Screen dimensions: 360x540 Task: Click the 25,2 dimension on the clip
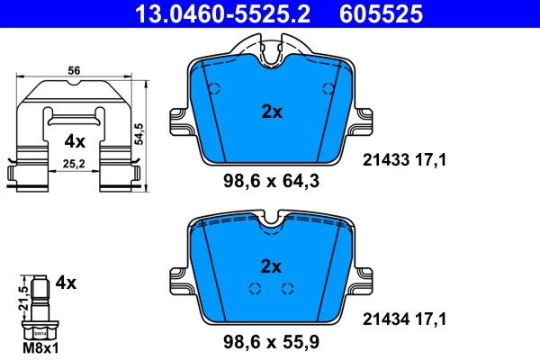click(x=74, y=164)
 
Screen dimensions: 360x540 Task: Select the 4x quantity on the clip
click(x=74, y=141)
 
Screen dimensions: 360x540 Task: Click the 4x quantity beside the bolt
click(x=66, y=282)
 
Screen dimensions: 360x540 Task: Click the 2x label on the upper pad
click(x=271, y=112)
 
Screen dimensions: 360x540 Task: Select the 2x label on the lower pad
click(x=271, y=265)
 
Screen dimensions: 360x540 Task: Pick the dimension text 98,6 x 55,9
click(x=270, y=341)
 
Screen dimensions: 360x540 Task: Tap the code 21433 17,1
click(x=404, y=160)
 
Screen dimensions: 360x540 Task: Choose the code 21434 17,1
click(x=404, y=318)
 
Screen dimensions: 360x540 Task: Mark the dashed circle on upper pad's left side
click(x=214, y=88)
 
